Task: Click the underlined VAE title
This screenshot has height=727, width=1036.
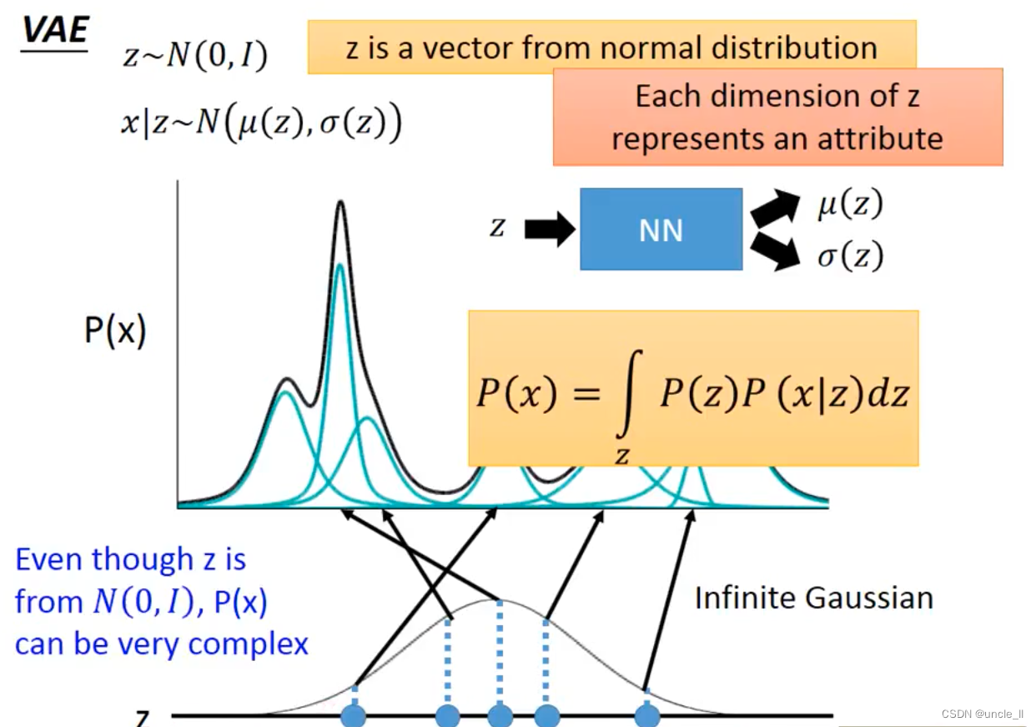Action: pos(55,30)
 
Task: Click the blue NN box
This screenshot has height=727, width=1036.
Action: pos(661,230)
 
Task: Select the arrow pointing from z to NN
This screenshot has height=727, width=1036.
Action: pos(549,229)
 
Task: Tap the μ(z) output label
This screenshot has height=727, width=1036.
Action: pos(849,204)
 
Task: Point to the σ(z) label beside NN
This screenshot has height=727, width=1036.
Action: pos(849,256)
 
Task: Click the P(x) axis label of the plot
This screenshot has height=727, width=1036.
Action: pos(115,331)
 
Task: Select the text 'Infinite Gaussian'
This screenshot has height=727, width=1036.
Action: pos(813,598)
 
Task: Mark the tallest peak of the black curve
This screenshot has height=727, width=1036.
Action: pos(339,203)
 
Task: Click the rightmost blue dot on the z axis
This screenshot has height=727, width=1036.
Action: pos(646,716)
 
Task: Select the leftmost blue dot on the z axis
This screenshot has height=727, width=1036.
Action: pos(354,716)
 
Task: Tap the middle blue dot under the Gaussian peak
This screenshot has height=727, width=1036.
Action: pos(500,716)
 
